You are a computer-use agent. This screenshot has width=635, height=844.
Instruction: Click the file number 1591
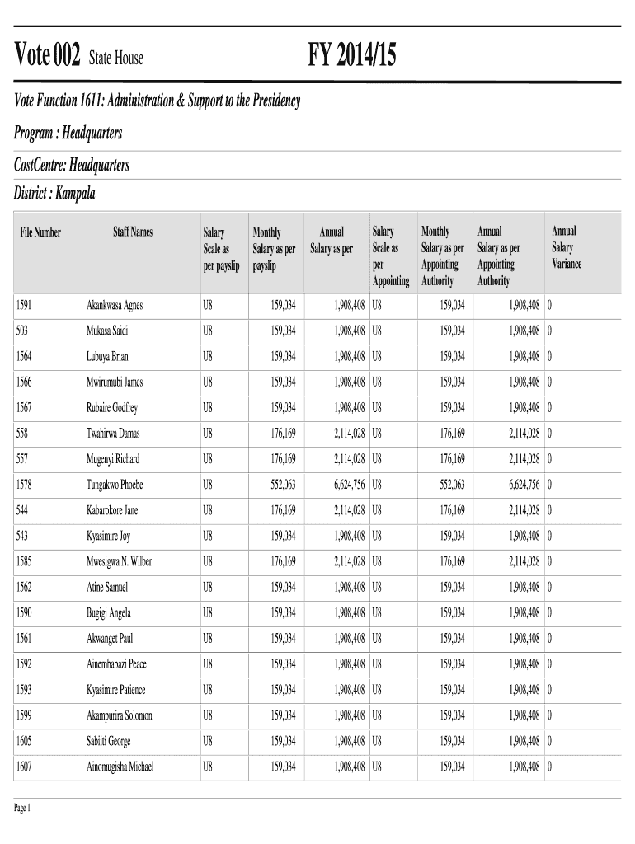[24, 306]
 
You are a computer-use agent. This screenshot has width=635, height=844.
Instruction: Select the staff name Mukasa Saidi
[107, 331]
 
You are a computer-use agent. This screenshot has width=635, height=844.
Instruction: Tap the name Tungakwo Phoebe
[115, 485]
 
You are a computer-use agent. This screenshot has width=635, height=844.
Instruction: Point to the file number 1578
[24, 485]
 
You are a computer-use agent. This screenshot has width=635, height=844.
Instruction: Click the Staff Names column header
[133, 232]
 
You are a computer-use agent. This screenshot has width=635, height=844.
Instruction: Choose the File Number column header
[40, 232]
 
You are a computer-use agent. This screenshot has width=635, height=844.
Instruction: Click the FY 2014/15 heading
[352, 57]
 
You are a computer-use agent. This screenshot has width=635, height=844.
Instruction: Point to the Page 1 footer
[22, 809]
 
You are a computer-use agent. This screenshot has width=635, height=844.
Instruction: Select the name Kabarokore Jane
[112, 511]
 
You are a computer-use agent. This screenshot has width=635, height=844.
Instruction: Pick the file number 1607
[24, 767]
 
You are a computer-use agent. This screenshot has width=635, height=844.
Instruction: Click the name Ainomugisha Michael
[120, 767]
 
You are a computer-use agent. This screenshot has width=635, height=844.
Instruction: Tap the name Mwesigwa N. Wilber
[120, 562]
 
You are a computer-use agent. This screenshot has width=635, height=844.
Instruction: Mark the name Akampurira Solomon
[120, 716]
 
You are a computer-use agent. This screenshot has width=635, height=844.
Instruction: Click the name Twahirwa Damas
[113, 434]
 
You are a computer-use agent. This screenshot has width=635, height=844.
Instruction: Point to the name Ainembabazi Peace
[116, 665]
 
